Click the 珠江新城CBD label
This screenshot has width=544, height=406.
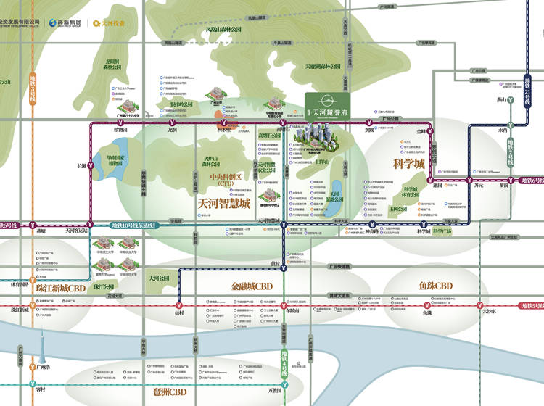[60, 288]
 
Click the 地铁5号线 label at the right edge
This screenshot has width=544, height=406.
[532, 307]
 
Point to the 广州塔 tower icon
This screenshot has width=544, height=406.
[41, 348]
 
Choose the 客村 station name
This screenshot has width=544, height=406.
[39, 390]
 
